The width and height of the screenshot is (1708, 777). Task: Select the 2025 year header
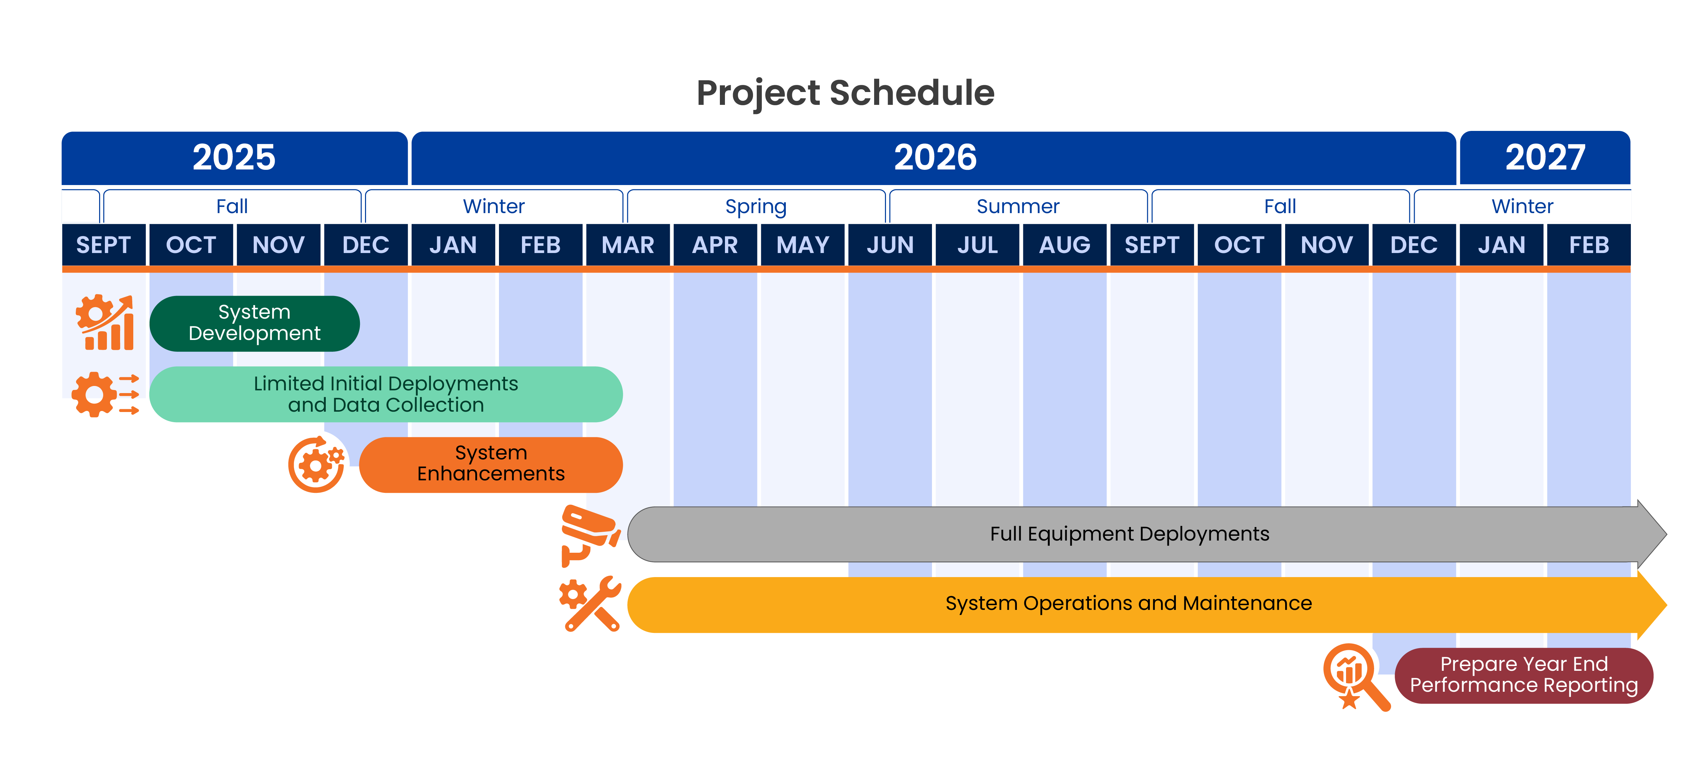tap(234, 158)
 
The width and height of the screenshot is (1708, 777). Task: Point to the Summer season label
tap(1018, 206)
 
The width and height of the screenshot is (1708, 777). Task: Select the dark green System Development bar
tap(255, 323)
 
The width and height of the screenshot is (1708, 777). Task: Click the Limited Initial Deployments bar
tap(386, 394)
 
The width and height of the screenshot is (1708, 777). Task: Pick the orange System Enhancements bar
tap(491, 464)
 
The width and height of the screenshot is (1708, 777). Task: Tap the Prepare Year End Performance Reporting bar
tap(1524, 675)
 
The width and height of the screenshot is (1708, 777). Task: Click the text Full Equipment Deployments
tap(1129, 534)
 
